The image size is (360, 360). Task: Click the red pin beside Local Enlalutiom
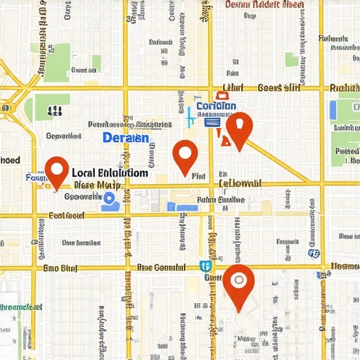(x=56, y=170)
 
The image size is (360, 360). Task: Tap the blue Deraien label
(x=125, y=138)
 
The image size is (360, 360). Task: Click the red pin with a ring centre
(x=238, y=282)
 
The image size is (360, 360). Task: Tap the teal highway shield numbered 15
(x=204, y=266)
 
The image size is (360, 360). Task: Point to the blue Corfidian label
(x=216, y=107)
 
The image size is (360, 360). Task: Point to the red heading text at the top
(x=264, y=4)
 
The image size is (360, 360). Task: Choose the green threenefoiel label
(x=20, y=307)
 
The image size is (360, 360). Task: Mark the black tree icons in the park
(x=53, y=110)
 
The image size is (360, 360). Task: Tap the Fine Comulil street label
(x=161, y=268)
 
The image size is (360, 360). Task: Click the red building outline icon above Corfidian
(x=222, y=96)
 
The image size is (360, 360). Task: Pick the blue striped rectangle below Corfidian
(x=211, y=122)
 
